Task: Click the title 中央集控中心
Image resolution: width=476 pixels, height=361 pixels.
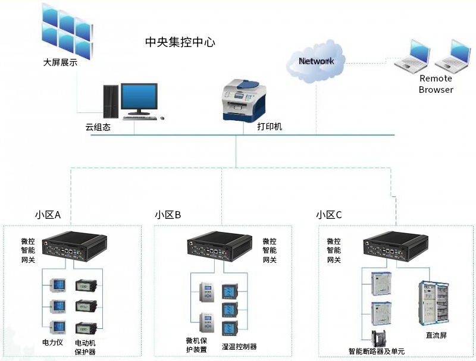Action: point(180,42)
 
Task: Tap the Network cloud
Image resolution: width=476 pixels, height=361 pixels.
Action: point(316,61)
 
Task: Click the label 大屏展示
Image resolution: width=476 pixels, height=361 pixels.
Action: point(59,62)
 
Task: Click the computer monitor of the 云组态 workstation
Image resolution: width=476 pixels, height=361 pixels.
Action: point(139,98)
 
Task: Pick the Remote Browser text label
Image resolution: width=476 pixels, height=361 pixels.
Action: point(436,84)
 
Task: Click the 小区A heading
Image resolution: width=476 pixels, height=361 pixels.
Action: point(48,215)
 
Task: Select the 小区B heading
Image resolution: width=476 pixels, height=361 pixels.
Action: point(168,215)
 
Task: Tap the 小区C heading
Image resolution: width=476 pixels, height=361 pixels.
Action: point(329,215)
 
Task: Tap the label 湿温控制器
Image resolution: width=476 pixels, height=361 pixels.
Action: point(239,346)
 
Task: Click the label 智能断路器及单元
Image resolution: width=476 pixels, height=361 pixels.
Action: point(376,351)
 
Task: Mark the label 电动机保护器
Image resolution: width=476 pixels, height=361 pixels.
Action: point(85,347)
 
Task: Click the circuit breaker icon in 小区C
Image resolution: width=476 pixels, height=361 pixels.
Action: point(379,338)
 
